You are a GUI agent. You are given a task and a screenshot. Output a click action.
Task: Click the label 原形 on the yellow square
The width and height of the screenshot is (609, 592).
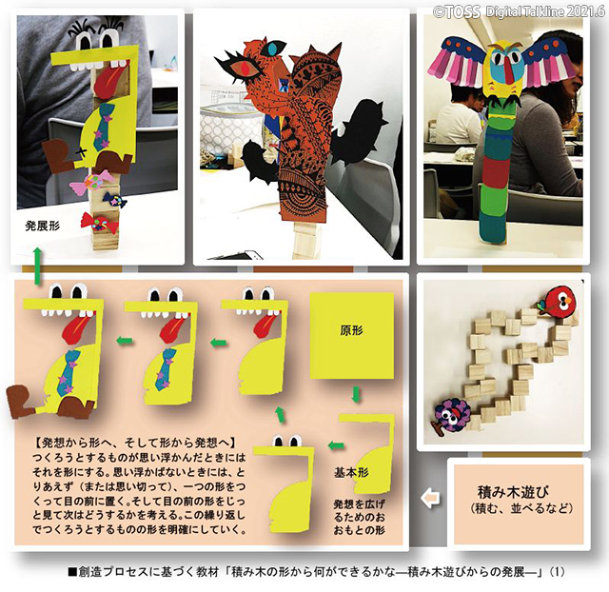(x=352, y=330)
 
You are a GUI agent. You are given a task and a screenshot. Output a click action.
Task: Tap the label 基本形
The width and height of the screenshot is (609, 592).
(x=351, y=473)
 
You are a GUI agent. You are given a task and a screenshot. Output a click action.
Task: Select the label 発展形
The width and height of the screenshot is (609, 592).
(x=43, y=227)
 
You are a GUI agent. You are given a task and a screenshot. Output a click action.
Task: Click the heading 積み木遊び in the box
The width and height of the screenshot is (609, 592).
(x=513, y=492)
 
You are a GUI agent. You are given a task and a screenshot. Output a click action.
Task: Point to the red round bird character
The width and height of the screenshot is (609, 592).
(x=558, y=301)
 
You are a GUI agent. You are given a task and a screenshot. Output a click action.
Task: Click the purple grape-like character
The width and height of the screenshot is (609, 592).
(x=453, y=415)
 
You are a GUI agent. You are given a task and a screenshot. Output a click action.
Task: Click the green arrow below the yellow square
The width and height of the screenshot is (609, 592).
(x=356, y=393)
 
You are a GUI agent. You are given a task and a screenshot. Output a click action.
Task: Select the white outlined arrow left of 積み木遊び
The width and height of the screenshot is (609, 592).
(x=430, y=498)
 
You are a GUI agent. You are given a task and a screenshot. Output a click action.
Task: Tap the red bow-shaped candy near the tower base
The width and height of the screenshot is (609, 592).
(x=99, y=223)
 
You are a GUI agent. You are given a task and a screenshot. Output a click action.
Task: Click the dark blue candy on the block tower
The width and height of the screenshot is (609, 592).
(x=115, y=200)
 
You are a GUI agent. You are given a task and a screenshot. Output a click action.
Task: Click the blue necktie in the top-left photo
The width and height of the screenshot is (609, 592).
(x=103, y=127)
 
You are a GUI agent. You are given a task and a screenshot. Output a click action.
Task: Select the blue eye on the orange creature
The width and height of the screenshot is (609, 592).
(x=274, y=49)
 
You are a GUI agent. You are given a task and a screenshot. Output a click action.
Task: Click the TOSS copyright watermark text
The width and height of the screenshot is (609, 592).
(x=520, y=11)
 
